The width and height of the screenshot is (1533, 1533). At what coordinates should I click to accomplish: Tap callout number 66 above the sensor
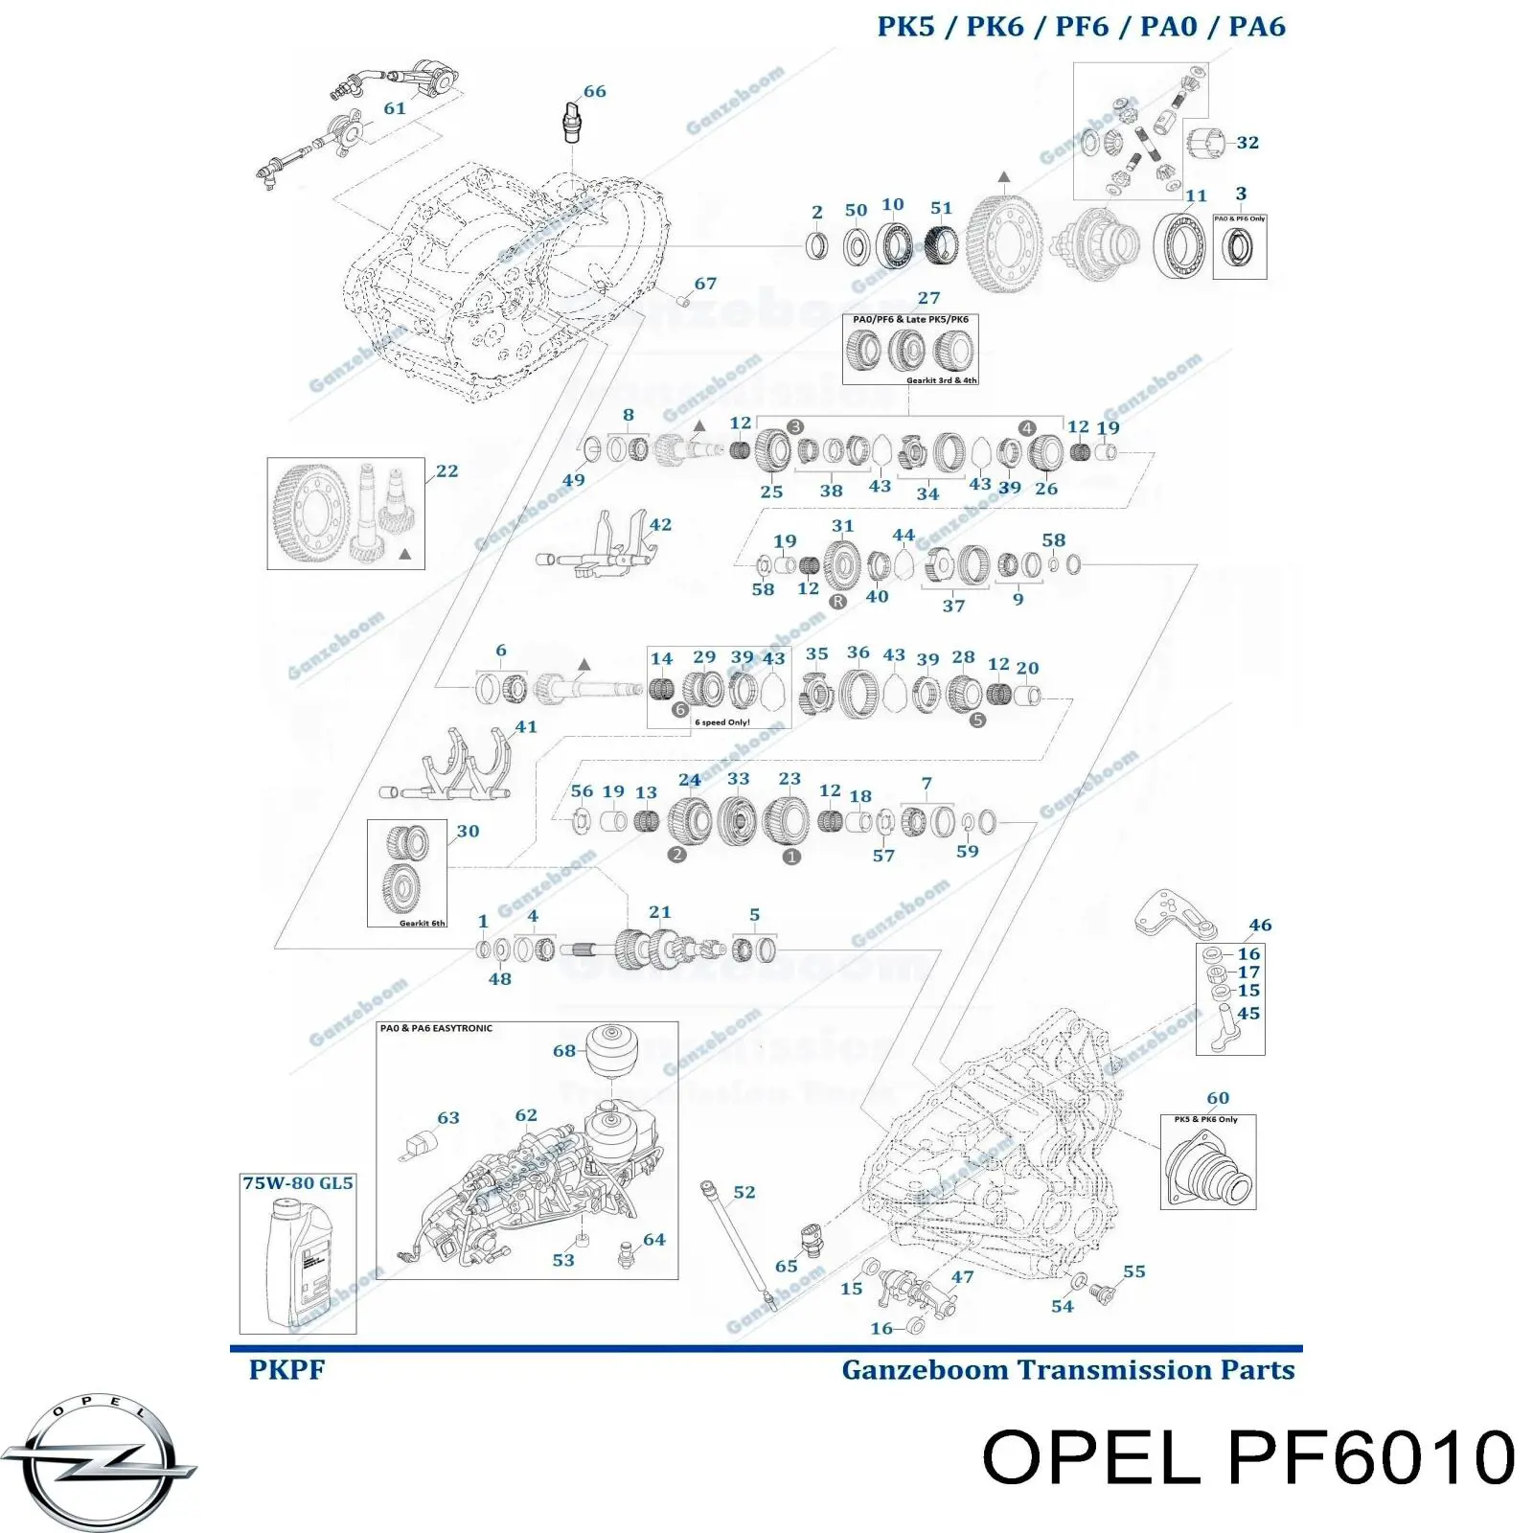tap(594, 92)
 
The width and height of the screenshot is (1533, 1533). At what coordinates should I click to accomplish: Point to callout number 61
tap(395, 109)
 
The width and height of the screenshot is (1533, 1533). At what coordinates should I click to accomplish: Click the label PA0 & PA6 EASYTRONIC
tap(436, 1028)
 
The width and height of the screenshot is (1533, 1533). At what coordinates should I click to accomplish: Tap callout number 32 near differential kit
tap(1247, 143)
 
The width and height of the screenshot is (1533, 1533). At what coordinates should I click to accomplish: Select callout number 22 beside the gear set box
tap(446, 471)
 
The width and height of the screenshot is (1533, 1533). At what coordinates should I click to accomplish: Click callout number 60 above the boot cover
tap(1217, 1098)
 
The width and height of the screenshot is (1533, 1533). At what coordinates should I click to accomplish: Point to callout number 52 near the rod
tap(744, 1193)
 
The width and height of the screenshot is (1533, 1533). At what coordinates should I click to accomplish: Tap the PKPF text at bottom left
tap(286, 1370)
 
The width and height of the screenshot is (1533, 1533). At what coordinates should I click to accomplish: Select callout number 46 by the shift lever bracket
tap(1260, 926)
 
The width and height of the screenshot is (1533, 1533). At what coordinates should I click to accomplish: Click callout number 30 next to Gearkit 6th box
tap(468, 832)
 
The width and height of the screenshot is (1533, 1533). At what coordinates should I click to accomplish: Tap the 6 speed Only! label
tap(722, 722)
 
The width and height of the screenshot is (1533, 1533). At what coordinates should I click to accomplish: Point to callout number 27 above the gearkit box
tap(928, 299)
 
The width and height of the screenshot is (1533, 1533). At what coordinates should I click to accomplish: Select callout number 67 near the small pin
tap(705, 285)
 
